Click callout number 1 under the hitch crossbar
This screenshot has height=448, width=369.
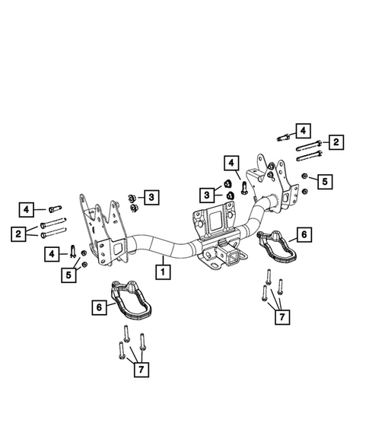[162, 268]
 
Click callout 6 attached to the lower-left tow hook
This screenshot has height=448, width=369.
[98, 307]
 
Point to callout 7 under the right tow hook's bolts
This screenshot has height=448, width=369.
[282, 315]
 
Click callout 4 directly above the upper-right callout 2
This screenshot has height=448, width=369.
[303, 129]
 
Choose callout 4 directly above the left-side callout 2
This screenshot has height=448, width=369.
[27, 208]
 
